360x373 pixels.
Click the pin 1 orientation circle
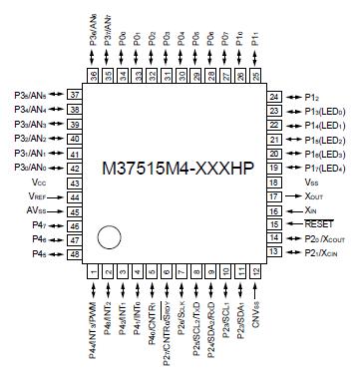point(110,238)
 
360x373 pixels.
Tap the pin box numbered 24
point(274,96)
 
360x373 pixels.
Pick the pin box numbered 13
point(274,254)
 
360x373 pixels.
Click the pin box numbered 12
point(257,271)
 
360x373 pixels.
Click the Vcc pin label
point(39,184)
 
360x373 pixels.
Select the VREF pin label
point(39,197)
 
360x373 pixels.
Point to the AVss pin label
point(38,211)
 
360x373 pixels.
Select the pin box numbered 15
point(274,225)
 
